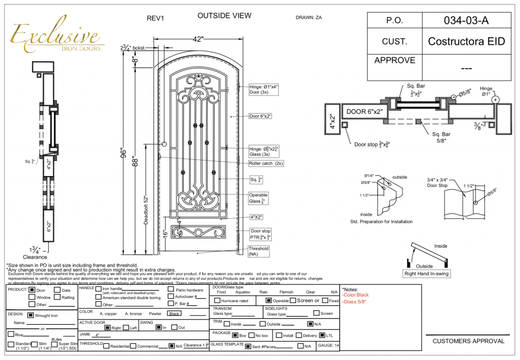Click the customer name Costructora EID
(x=466, y=41)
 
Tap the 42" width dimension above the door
(x=198, y=39)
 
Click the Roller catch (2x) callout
(x=266, y=163)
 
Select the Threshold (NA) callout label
(x=258, y=251)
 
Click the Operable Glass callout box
(x=258, y=198)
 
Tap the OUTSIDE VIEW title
(x=224, y=16)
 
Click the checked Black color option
(x=175, y=313)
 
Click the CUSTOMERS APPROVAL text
(x=468, y=341)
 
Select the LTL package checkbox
(x=322, y=335)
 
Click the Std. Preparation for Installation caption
(x=381, y=221)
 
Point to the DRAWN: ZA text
(x=309, y=18)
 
